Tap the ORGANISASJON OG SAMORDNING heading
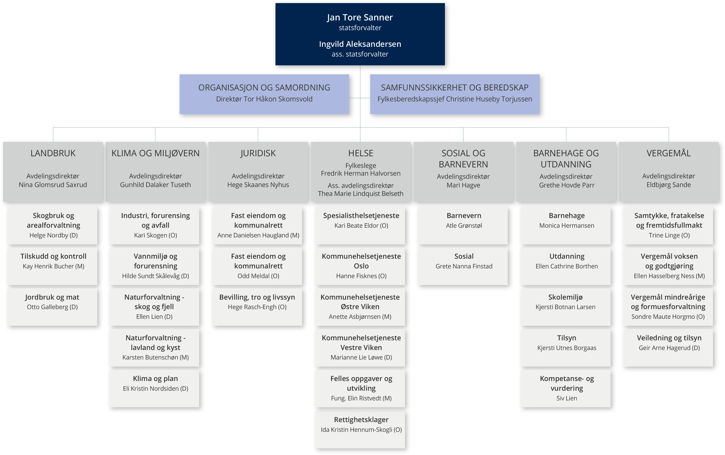click(x=264, y=87)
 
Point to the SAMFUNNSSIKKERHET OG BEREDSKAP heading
click(x=455, y=87)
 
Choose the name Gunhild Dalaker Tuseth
click(x=155, y=185)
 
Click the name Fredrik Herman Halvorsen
click(x=361, y=173)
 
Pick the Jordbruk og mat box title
click(x=52, y=297)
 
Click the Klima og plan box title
click(x=155, y=378)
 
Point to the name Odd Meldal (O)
click(x=258, y=276)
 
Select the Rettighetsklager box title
click(x=361, y=420)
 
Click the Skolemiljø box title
click(x=565, y=297)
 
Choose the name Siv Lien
click(x=567, y=398)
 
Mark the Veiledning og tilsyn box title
click(x=669, y=338)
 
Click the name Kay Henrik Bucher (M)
click(x=54, y=266)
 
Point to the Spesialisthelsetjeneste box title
click(x=361, y=215)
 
